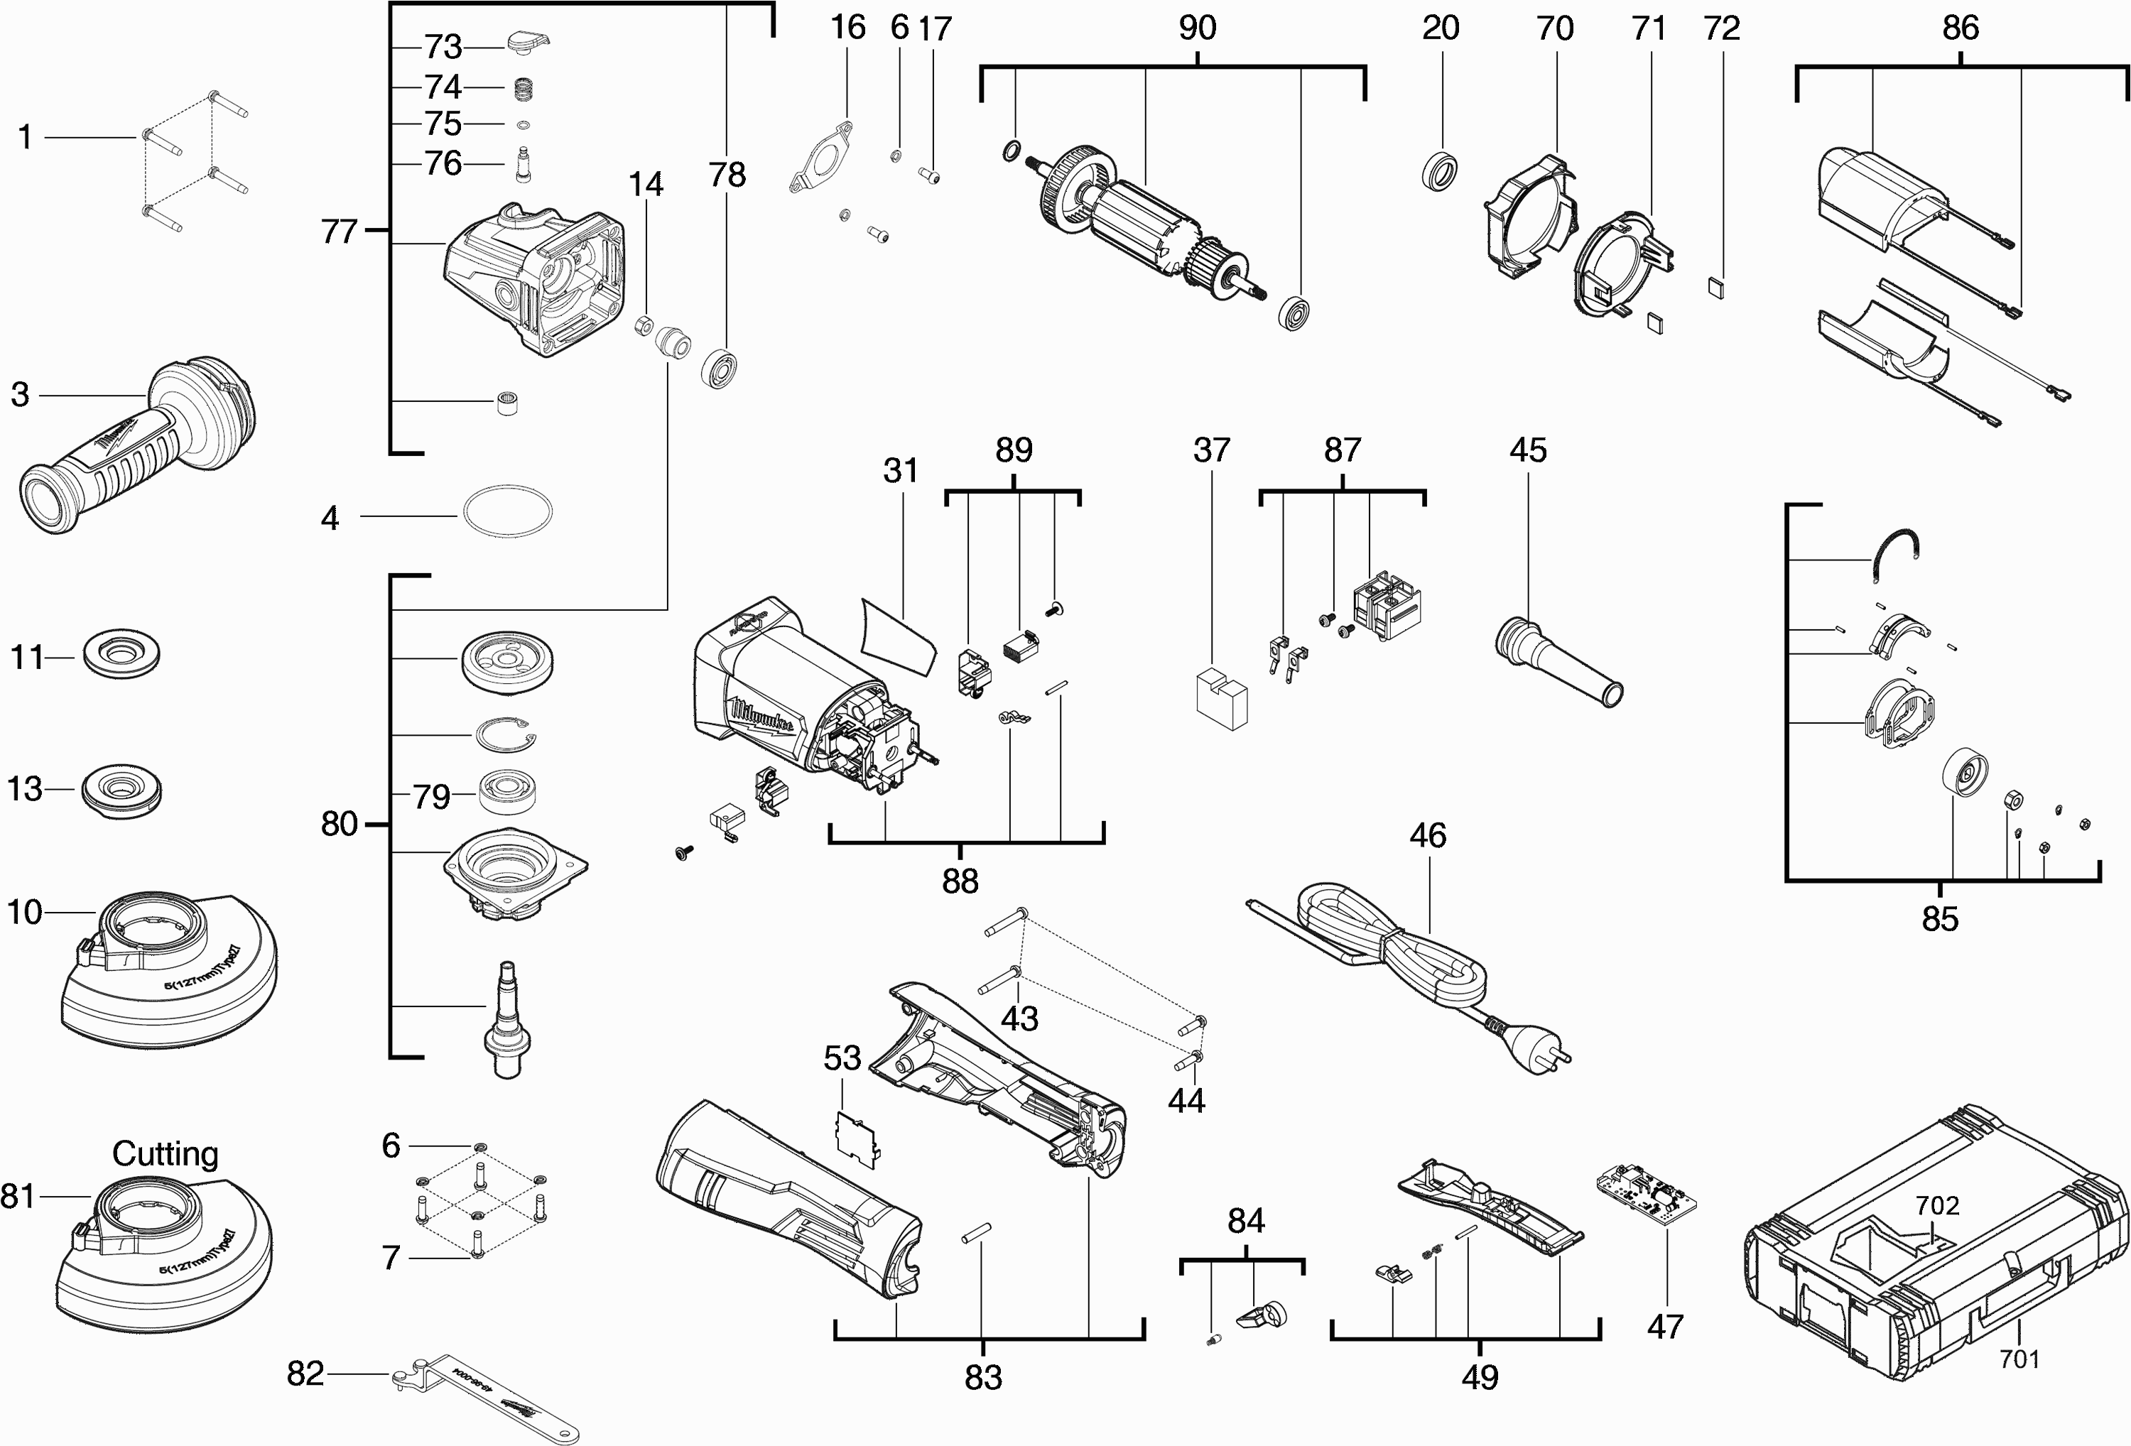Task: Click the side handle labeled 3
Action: (138, 440)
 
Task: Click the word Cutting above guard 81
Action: (165, 1153)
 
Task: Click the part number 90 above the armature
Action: (1198, 28)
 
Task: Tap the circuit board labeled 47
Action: (1648, 1197)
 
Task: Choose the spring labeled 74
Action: (523, 89)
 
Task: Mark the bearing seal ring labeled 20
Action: (1443, 171)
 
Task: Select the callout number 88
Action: (960, 881)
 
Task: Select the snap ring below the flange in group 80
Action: (505, 734)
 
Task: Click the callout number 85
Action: (1939, 919)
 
